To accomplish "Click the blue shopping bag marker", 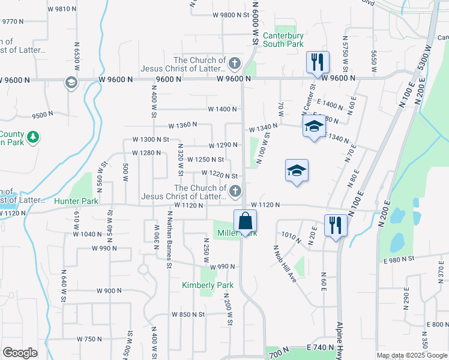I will click(246, 221).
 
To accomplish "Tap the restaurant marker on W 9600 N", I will click(316, 62).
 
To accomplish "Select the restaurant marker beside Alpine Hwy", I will click(334, 226).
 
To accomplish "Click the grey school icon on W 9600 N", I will click(71, 82).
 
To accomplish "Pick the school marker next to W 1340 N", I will click(313, 127).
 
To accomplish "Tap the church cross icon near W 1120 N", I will click(235, 191).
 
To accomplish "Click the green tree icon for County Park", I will click(34, 137).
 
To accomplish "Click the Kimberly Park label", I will click(207, 285).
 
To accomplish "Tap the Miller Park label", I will click(236, 232).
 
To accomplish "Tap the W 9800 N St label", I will click(230, 15).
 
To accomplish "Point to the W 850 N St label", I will click(188, 314).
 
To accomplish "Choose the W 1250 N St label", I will click(205, 160).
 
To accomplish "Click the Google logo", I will click(20, 353).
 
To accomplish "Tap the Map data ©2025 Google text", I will click(411, 355).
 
